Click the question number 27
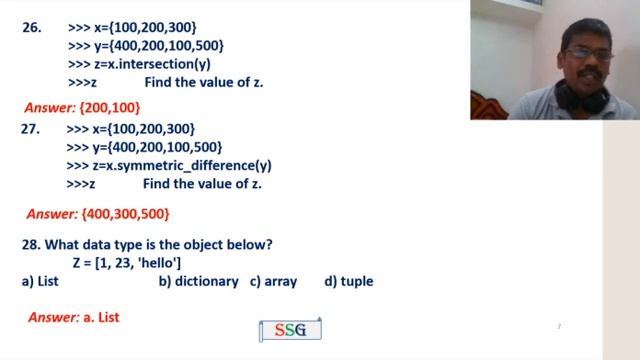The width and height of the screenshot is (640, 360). pyautogui.click(x=31, y=129)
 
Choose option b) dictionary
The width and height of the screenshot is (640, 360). pyautogui.click(x=198, y=282)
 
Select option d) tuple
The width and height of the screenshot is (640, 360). pyautogui.click(x=348, y=282)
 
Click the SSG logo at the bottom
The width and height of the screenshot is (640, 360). pyautogui.click(x=290, y=330)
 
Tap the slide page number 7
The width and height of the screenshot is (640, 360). pyautogui.click(x=559, y=327)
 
